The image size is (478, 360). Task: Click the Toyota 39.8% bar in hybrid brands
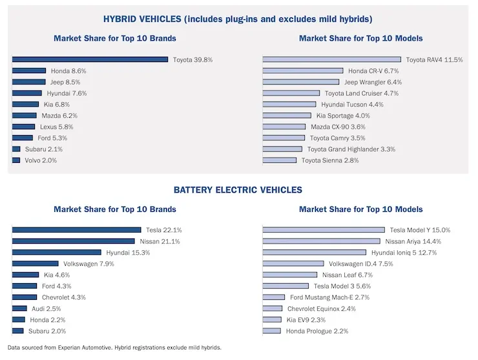pos(90,59)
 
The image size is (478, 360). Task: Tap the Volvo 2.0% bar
pos(16,160)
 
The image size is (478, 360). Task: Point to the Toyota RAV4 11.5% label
pos(434,59)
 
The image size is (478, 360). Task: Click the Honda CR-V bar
pos(302,71)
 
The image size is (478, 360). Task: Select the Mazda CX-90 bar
pos(284,127)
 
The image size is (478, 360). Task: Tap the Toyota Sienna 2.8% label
pos(330,160)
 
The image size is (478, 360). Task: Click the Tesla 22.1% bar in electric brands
pos(76,230)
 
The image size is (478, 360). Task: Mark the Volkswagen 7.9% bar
pos(35,264)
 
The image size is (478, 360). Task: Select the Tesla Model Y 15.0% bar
pos(324,230)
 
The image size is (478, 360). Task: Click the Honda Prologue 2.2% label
pos(317,331)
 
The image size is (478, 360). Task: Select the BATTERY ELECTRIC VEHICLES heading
pos(238,190)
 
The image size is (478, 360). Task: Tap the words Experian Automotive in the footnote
pos(82,348)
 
